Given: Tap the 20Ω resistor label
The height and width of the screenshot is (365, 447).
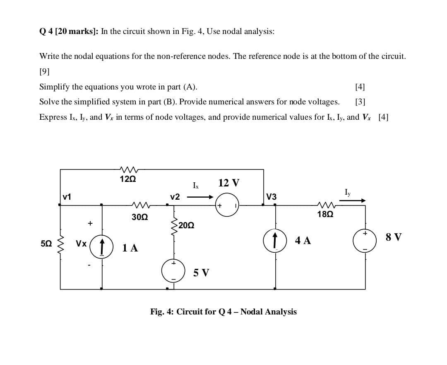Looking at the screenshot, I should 187,225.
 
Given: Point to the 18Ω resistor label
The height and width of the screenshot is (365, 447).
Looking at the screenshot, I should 325,214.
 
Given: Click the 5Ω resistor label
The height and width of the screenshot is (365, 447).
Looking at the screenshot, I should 46,244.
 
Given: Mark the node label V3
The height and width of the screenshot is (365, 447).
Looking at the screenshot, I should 272,197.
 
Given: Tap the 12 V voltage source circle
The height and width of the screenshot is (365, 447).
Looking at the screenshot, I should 227,205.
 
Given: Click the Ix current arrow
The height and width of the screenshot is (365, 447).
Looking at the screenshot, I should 200,197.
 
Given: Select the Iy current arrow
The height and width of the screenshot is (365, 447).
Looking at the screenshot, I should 352,201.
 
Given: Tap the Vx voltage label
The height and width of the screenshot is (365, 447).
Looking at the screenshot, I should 81,244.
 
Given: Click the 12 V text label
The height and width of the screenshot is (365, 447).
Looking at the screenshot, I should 228,183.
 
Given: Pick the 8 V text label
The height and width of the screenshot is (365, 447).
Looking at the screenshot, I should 393,237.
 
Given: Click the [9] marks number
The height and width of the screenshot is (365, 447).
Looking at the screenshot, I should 44,71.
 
